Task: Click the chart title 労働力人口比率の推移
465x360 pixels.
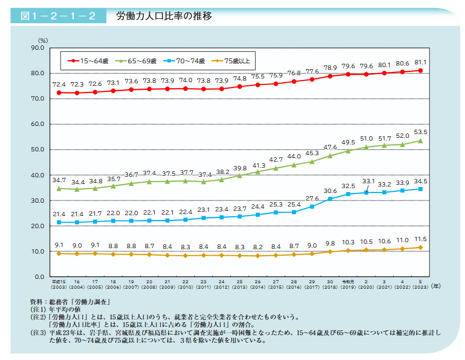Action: [x=164, y=16]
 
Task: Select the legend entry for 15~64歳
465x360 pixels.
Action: [x=87, y=61]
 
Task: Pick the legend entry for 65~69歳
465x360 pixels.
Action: [x=135, y=61]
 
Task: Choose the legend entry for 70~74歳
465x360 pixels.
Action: [x=183, y=61]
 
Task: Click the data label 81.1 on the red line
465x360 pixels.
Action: [x=421, y=62]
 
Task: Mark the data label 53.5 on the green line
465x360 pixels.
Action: [x=421, y=131]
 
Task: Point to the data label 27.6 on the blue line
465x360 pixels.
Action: [x=312, y=198]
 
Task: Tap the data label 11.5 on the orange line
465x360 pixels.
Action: [x=421, y=238]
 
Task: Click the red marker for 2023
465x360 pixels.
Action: [x=421, y=70]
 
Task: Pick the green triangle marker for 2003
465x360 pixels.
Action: [x=58, y=189]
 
